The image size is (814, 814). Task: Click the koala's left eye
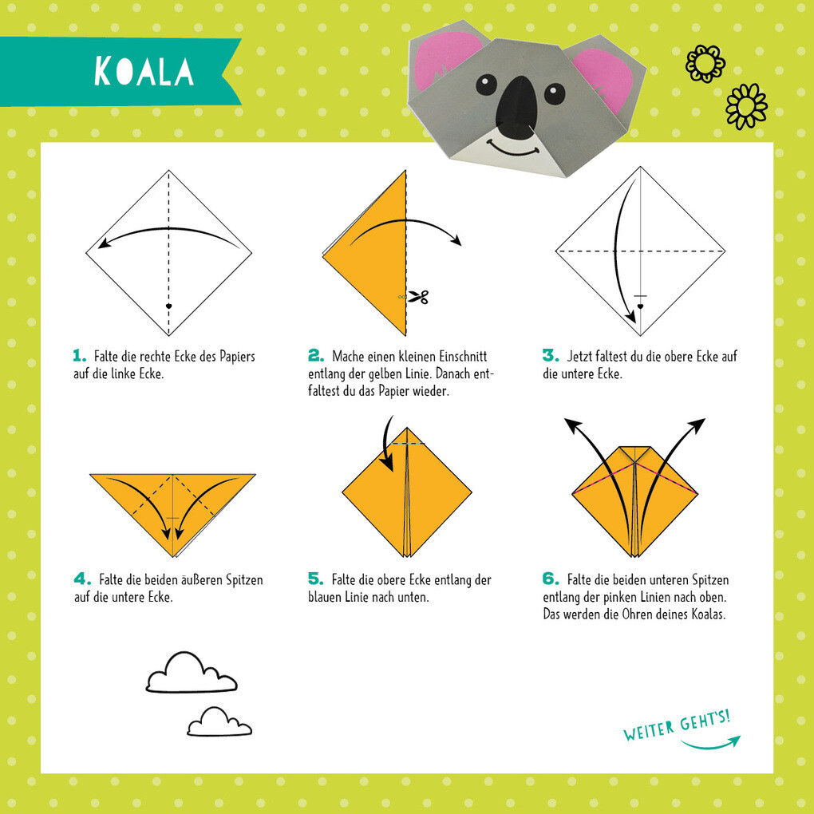click(487, 85)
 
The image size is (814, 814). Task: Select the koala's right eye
click(555, 94)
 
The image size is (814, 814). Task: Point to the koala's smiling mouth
click(513, 148)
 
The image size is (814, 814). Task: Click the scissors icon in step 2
click(418, 297)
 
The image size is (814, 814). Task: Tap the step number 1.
click(80, 356)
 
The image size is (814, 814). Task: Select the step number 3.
click(551, 356)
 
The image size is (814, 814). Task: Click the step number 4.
click(82, 579)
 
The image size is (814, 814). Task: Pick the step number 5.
click(315, 579)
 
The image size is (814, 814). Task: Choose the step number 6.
click(551, 579)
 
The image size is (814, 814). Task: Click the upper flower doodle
click(705, 63)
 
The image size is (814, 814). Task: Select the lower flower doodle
click(746, 106)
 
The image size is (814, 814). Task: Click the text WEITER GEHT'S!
click(677, 725)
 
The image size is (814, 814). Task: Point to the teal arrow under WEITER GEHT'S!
click(711, 745)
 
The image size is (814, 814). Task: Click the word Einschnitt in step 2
click(463, 357)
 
